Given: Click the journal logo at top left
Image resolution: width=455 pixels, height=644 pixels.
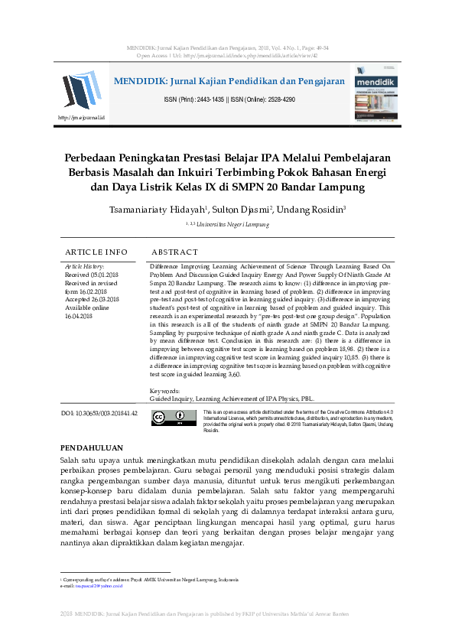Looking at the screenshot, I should point(80,90).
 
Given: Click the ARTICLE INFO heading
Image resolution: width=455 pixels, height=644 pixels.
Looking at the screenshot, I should point(96,252).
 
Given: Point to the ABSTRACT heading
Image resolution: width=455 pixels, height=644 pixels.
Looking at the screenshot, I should point(175,252).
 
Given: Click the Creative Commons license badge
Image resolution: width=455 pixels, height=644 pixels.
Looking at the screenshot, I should point(169,418).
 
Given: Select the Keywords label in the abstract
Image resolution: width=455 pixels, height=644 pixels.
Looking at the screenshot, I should point(165,391).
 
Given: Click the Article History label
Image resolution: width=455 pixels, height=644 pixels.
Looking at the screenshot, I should point(85,265).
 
